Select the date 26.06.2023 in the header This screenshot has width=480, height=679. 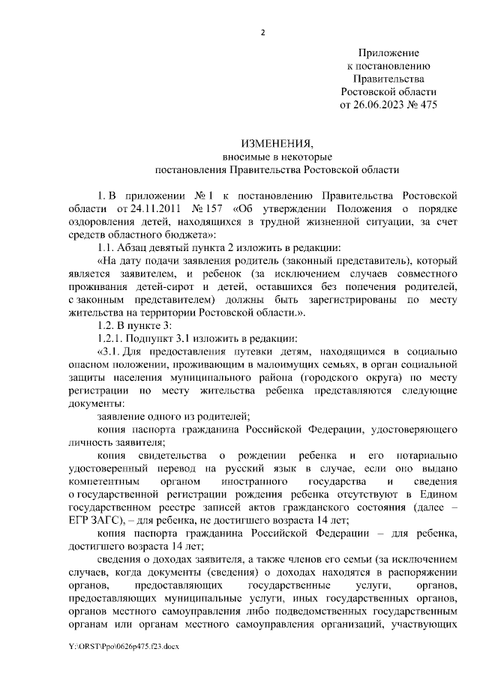(x=380, y=104)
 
